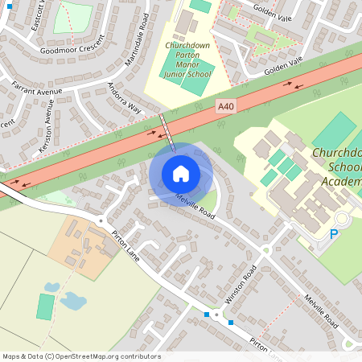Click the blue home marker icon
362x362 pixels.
tap(181, 173)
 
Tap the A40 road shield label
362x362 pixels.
tap(228, 105)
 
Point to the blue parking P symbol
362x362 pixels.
tap(334, 234)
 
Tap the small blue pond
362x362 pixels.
tap(73, 301)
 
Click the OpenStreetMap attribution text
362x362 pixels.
tap(81, 356)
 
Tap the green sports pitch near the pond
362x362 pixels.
tap(45, 306)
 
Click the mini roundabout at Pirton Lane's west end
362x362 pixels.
tap(101, 220)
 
